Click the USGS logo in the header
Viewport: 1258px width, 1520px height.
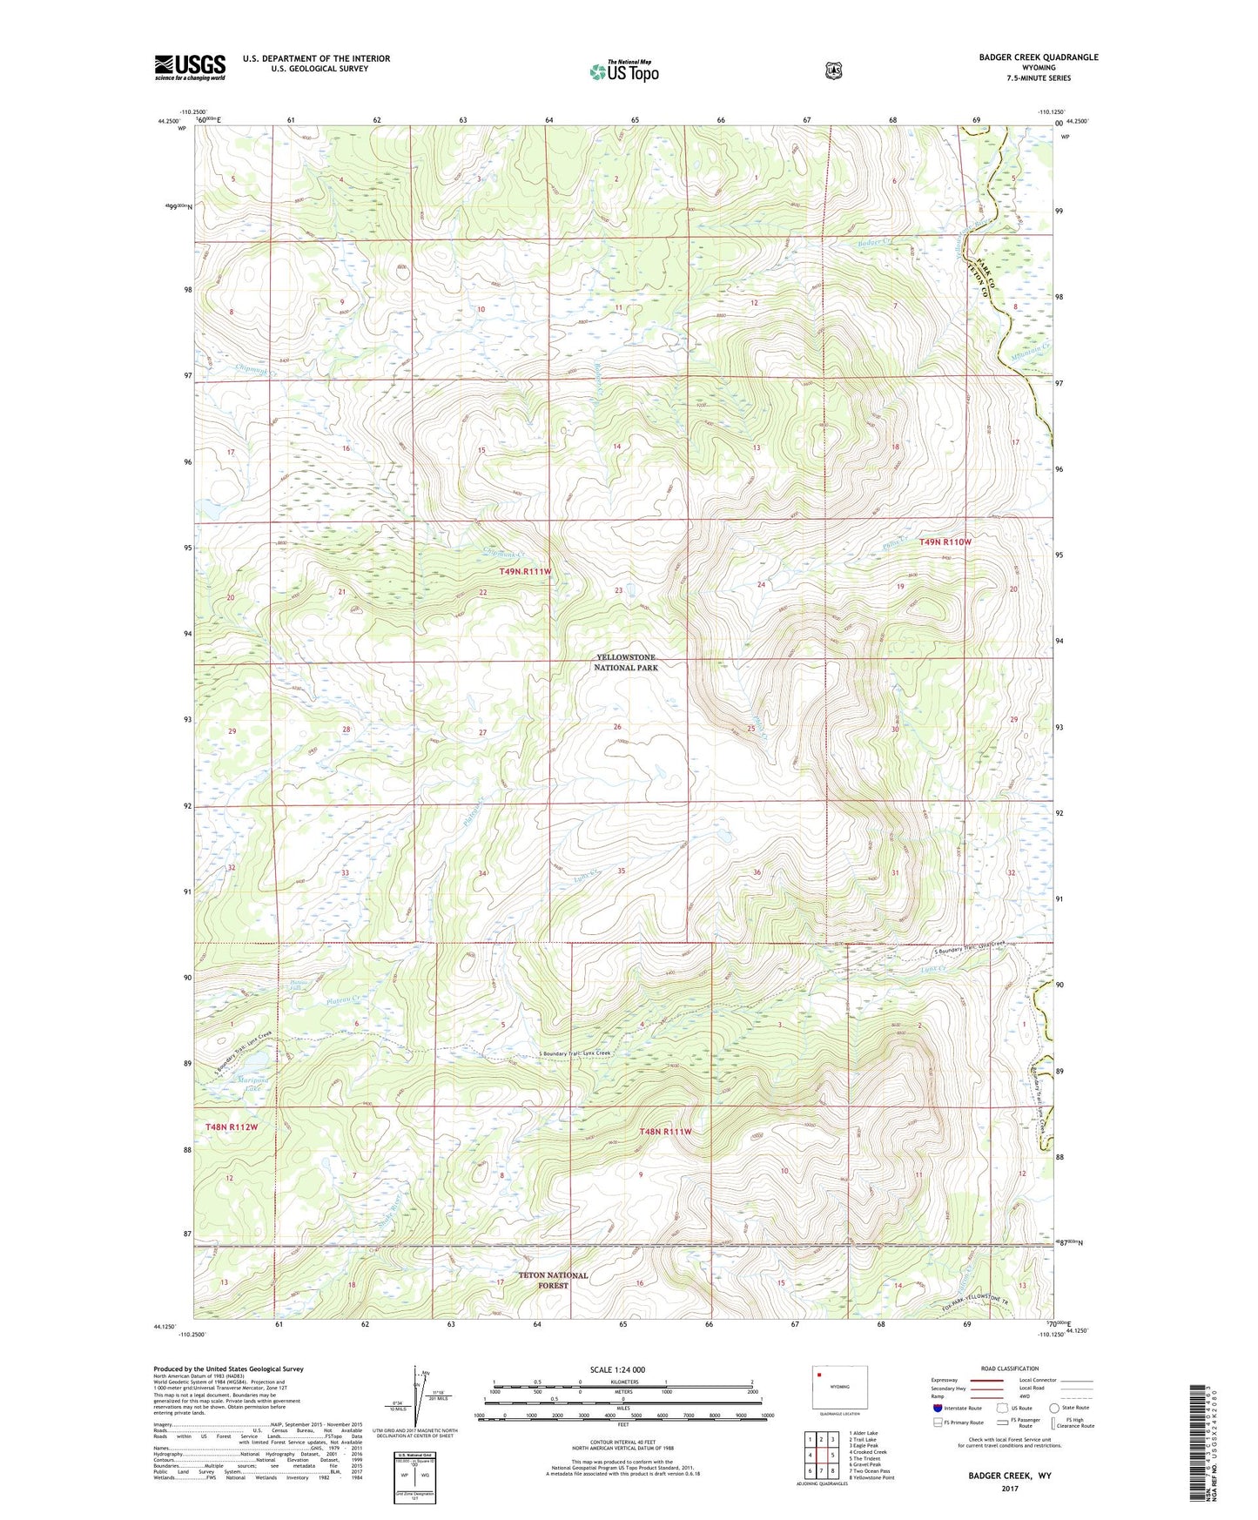190,68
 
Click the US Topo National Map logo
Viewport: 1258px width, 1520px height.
624,71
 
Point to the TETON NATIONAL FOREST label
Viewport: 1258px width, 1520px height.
553,1280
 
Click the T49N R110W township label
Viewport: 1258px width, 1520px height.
945,541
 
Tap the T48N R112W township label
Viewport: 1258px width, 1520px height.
232,1127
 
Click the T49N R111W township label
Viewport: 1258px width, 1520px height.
525,571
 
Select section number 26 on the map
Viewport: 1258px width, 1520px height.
617,726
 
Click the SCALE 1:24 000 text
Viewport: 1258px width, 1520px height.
617,1369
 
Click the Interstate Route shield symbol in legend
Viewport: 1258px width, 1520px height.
937,1408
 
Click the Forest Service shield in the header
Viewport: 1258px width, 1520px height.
833,71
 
